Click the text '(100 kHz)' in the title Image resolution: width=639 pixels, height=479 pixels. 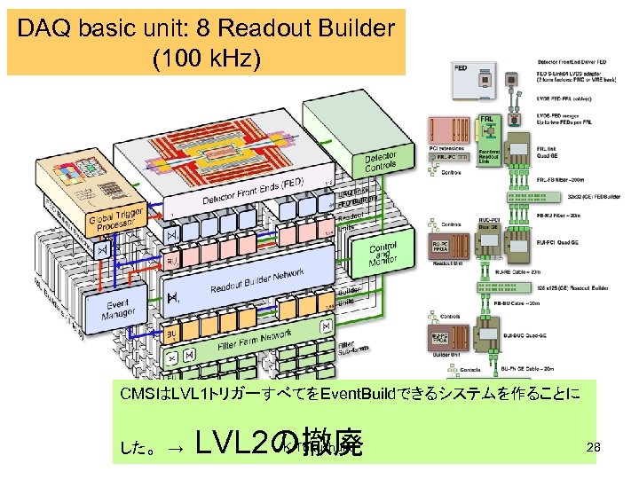pos(206,59)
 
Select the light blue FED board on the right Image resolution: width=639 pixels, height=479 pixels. pos(472,81)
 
